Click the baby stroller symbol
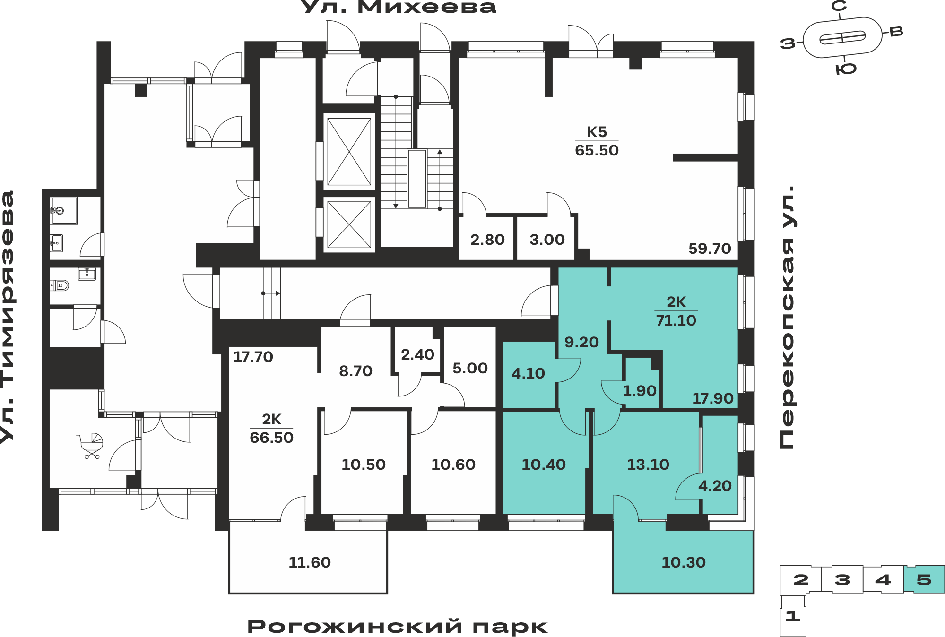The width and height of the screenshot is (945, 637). pyautogui.click(x=90, y=446)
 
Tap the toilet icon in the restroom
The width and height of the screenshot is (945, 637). pyautogui.click(x=60, y=285)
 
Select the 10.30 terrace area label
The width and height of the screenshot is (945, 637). pyautogui.click(x=683, y=562)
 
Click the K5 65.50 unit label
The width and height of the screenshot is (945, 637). pyautogui.click(x=597, y=141)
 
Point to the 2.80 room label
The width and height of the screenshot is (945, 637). pyautogui.click(x=487, y=240)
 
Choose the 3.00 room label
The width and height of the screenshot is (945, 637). pyautogui.click(x=547, y=240)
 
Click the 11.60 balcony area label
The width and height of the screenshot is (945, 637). pyautogui.click(x=310, y=562)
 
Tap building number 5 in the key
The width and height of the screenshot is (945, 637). pyautogui.click(x=924, y=579)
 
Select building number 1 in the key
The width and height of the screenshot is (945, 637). pyautogui.click(x=793, y=616)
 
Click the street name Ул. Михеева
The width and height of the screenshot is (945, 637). pyautogui.click(x=399, y=7)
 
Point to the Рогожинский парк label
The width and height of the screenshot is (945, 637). pyautogui.click(x=397, y=627)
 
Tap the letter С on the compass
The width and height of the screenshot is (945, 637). pyautogui.click(x=839, y=6)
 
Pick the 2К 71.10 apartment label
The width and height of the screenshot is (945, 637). pyautogui.click(x=676, y=311)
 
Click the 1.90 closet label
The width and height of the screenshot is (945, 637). pyautogui.click(x=639, y=391)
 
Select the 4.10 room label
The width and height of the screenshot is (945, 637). pyautogui.click(x=528, y=373)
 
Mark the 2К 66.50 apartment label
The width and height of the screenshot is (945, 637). pyautogui.click(x=271, y=429)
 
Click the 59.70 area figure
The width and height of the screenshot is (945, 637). pyautogui.click(x=710, y=249)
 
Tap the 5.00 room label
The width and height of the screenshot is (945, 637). pyautogui.click(x=470, y=368)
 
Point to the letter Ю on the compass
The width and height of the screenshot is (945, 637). pyautogui.click(x=846, y=69)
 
